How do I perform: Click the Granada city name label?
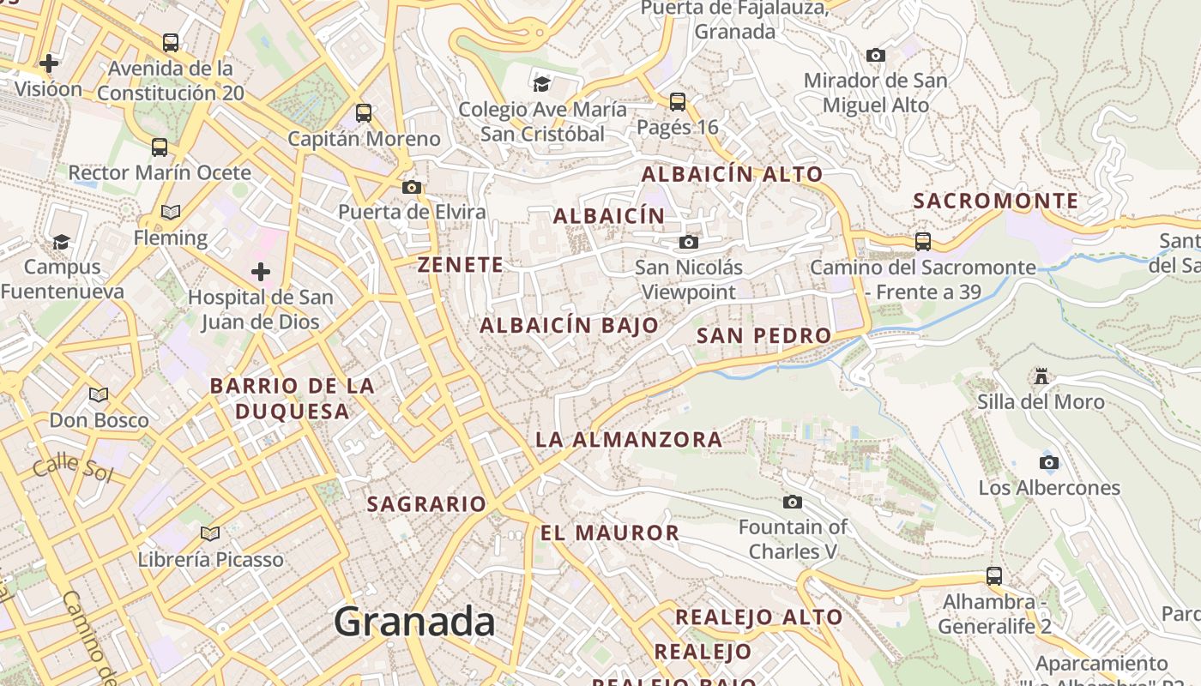click(414, 622)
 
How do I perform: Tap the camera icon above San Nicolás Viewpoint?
click(688, 243)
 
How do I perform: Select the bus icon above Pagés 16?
click(678, 102)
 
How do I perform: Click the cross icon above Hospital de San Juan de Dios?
click(261, 273)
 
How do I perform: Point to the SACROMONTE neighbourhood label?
click(996, 202)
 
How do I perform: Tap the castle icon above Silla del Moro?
click(1041, 376)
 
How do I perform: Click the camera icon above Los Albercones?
click(1048, 463)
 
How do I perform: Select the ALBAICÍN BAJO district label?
click(569, 326)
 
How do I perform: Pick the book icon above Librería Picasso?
click(210, 534)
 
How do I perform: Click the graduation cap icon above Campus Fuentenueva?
click(61, 242)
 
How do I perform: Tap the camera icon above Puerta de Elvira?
click(412, 187)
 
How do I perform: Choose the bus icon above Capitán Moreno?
click(364, 113)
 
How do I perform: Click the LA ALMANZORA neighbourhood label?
click(629, 440)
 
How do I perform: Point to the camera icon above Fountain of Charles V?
click(793, 502)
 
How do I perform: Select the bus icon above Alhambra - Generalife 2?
click(994, 576)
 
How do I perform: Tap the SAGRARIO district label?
click(426, 504)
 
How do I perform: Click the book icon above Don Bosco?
click(99, 395)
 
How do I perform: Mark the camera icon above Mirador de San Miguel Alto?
click(876, 56)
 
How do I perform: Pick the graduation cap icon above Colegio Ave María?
click(541, 84)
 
